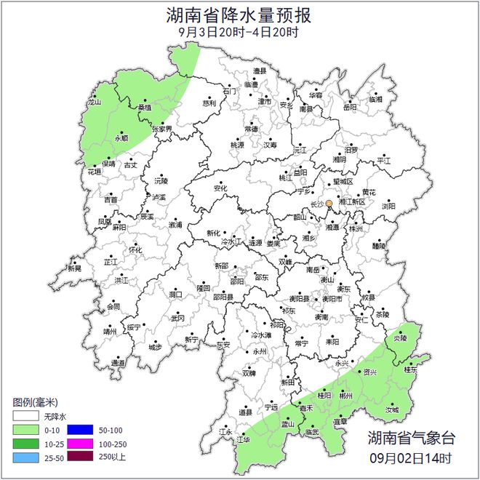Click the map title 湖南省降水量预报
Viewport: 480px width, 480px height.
point(239,15)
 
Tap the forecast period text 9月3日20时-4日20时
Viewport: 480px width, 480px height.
point(239,32)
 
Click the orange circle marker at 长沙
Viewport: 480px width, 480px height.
point(329,204)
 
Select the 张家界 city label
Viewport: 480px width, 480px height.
point(162,129)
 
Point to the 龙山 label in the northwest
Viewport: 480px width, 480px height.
point(94,104)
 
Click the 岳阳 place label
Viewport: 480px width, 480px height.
point(351,107)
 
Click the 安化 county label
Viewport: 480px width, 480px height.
point(220,188)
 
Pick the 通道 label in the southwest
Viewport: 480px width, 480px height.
point(118,362)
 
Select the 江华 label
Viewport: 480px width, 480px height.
point(242,439)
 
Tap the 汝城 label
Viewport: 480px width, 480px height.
point(392,409)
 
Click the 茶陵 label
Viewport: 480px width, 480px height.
point(383,314)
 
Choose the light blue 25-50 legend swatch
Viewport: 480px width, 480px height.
point(25,457)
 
